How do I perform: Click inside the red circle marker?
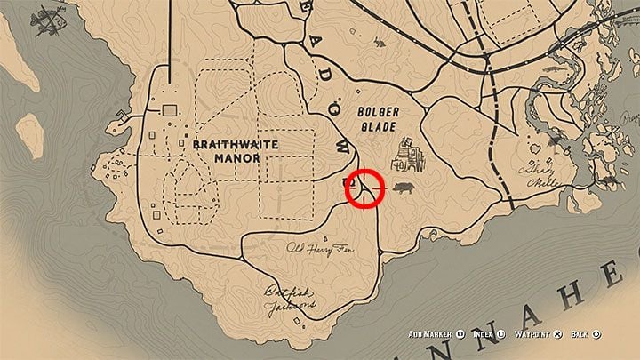coord(364,188)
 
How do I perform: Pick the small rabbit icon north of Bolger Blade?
coord(380,43)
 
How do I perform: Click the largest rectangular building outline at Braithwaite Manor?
coord(168,108)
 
